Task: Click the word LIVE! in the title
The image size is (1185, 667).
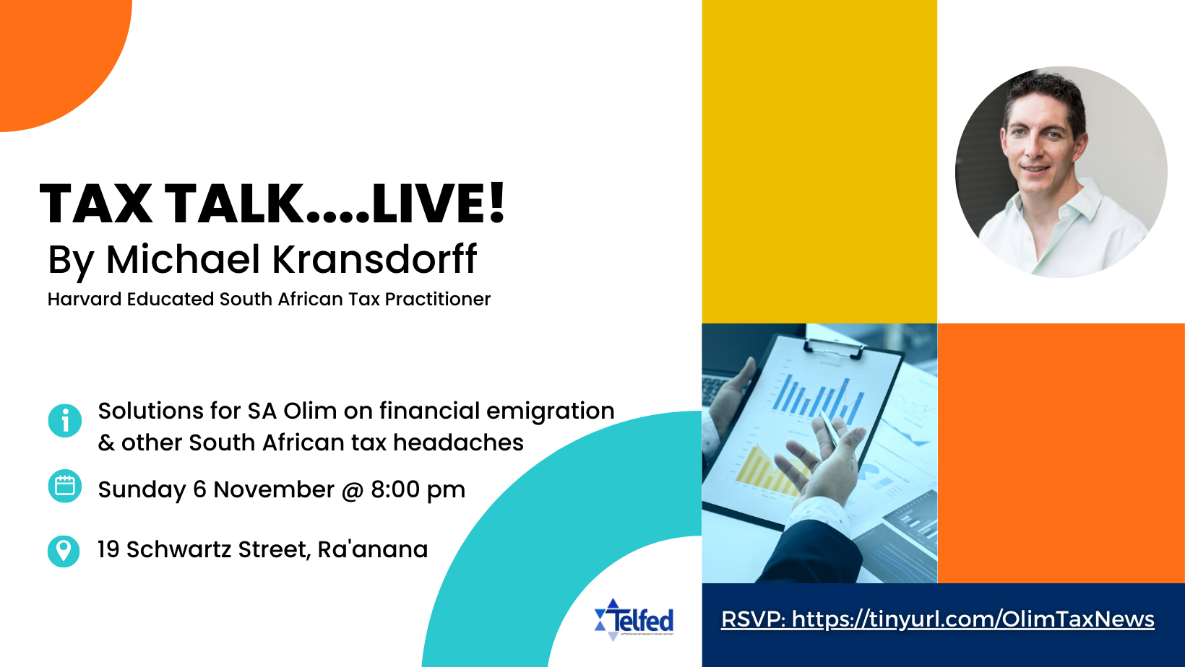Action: pyautogui.click(x=439, y=204)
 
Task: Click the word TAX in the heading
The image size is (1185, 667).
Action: pyautogui.click(x=96, y=204)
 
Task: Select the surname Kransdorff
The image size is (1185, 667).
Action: pyautogui.click(x=374, y=259)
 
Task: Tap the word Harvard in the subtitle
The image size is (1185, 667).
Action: pyautogui.click(x=85, y=299)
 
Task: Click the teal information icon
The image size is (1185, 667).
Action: pyautogui.click(x=64, y=421)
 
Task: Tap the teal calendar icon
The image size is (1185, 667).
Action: pyautogui.click(x=64, y=486)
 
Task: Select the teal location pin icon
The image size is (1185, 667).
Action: pyautogui.click(x=64, y=552)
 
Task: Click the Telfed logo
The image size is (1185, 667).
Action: pyautogui.click(x=634, y=619)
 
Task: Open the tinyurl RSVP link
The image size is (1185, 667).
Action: pyautogui.click(x=937, y=619)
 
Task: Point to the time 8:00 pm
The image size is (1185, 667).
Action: pyautogui.click(x=418, y=489)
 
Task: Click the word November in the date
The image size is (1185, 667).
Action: pyautogui.click(x=274, y=489)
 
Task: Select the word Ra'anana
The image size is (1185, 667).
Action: pyautogui.click(x=372, y=549)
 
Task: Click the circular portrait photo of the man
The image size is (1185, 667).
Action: pyautogui.click(x=1061, y=172)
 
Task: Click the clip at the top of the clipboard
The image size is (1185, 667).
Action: pyautogui.click(x=834, y=345)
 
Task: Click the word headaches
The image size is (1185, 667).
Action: pyautogui.click(x=458, y=443)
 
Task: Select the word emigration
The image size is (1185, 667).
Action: pyautogui.click(x=550, y=412)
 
